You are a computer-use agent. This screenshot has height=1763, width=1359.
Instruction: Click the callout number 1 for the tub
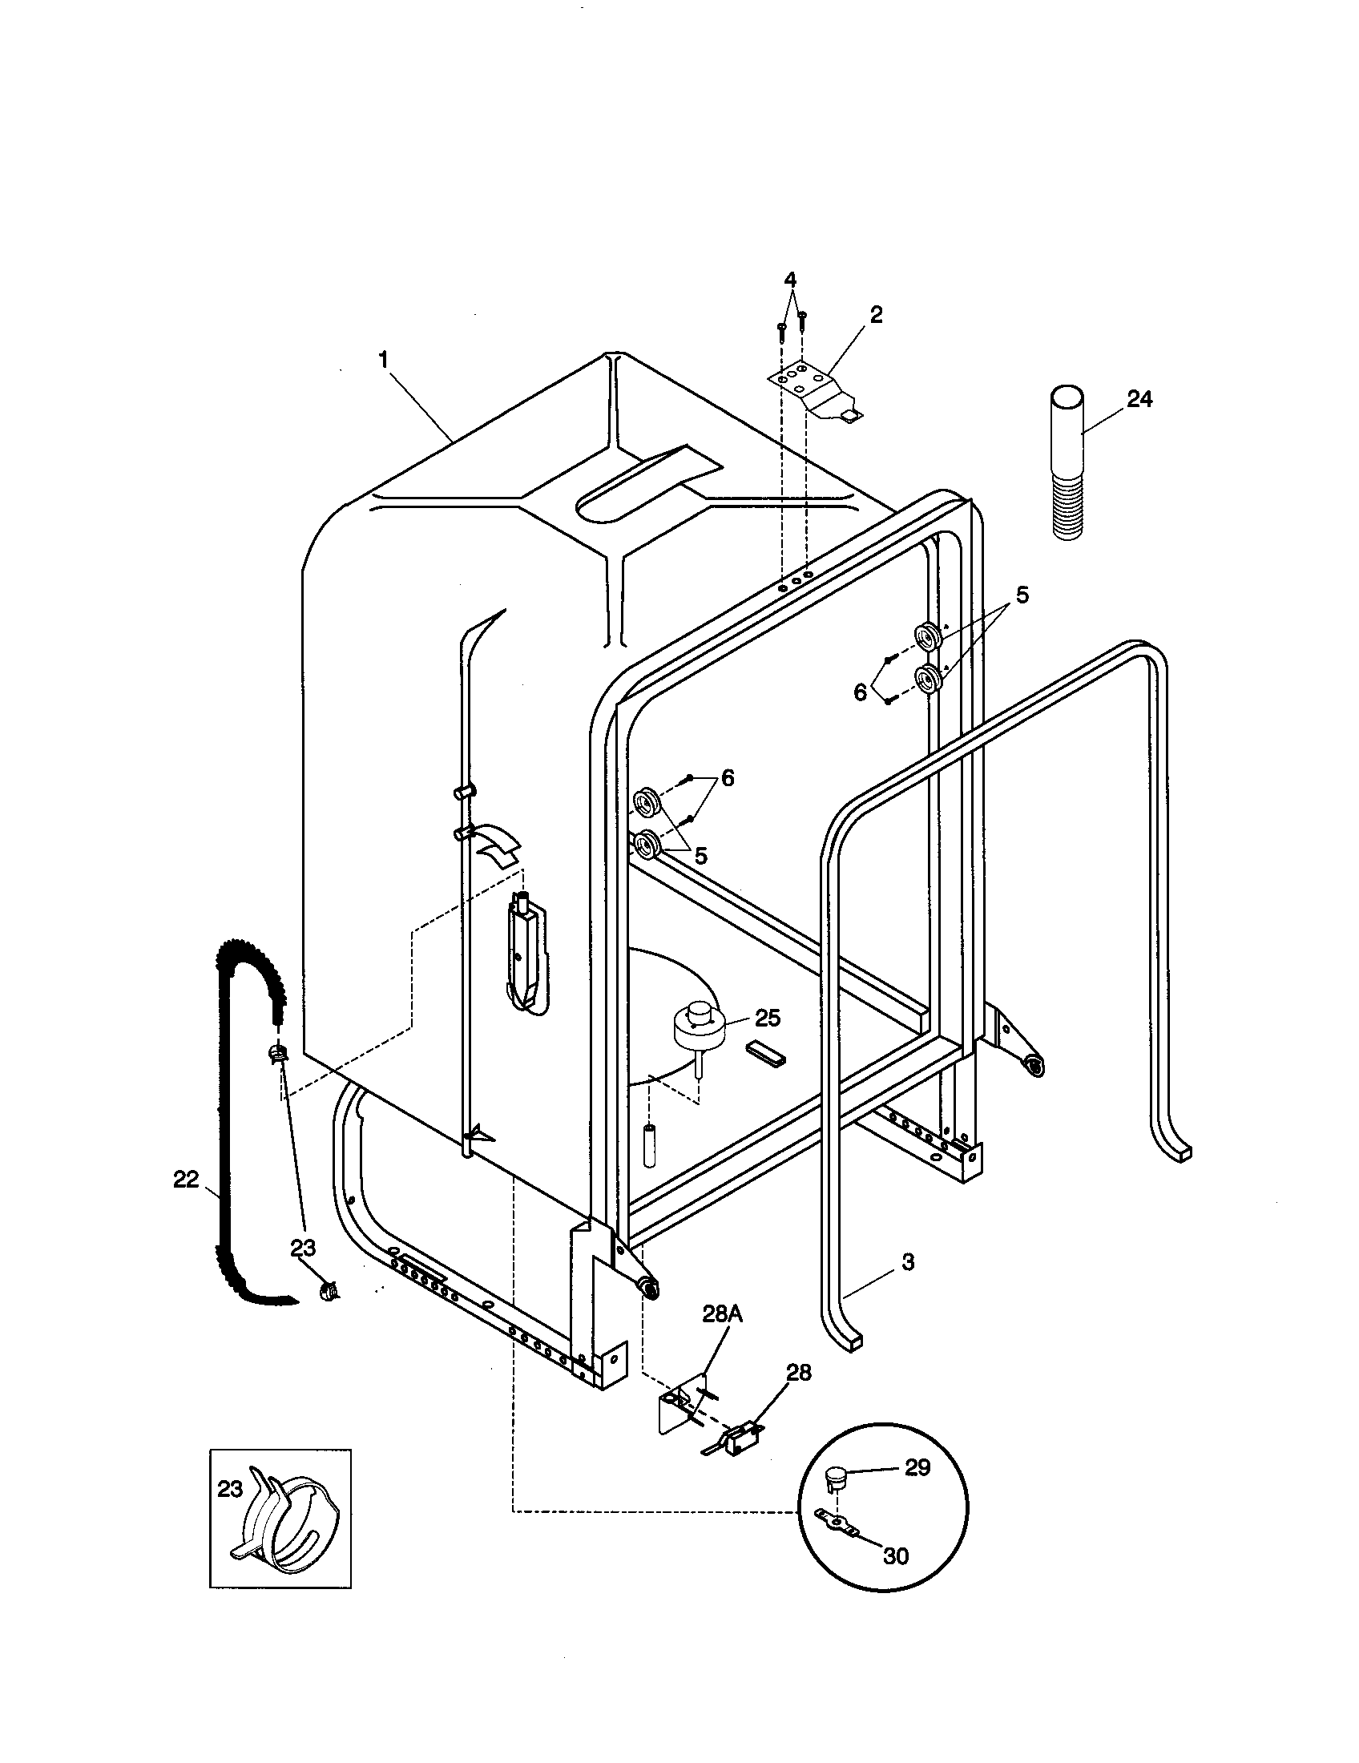[385, 359]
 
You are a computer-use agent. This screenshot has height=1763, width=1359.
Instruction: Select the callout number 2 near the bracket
[876, 314]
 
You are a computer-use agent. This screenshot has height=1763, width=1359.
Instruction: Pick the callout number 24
[1139, 399]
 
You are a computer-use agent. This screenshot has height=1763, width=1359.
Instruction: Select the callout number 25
[768, 1018]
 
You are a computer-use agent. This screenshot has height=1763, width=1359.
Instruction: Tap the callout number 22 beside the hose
[186, 1180]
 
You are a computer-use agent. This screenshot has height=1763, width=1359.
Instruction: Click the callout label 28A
[721, 1313]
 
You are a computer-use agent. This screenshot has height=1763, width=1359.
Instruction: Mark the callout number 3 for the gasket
[908, 1261]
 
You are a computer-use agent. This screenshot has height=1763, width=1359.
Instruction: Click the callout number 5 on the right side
[1022, 595]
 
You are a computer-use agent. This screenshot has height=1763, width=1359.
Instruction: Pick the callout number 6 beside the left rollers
[727, 778]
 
